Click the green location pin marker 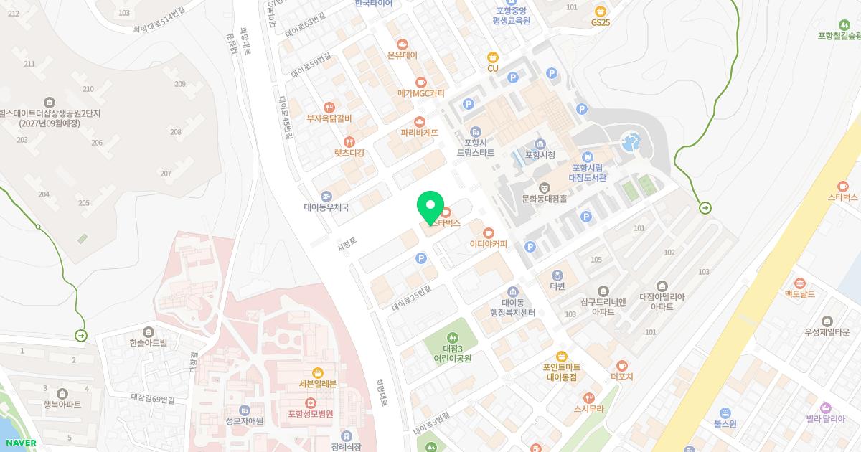[430, 207]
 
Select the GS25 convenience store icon [601, 11]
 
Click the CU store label [493, 68]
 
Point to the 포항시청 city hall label [540, 155]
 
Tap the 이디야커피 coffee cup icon [489, 232]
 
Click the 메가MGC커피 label [421, 93]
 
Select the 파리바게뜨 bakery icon [420, 121]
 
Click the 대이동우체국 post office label [326, 207]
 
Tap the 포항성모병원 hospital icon [311, 402]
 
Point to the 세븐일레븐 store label [318, 384]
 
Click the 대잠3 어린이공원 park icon [452, 337]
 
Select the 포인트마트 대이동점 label [562, 372]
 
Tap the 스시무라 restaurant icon [588, 397]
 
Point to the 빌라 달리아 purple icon [826, 408]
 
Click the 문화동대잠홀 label [545, 199]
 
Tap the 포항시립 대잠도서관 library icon [588, 157]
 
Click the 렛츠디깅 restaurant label [349, 153]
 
